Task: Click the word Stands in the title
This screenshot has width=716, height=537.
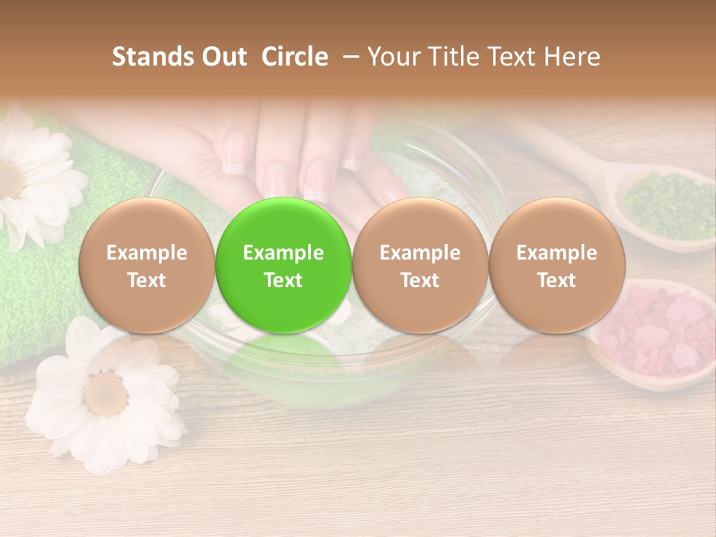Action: tap(151, 57)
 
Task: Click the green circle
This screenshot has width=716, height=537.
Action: tap(283, 266)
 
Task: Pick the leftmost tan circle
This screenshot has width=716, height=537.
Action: tap(146, 266)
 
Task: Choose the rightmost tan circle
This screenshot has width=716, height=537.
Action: tap(556, 266)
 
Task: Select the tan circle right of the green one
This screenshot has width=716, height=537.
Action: tap(420, 266)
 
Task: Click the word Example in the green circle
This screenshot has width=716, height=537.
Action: tap(283, 253)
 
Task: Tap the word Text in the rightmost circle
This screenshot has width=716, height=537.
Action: tap(556, 280)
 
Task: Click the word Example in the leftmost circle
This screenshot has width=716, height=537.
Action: tap(146, 253)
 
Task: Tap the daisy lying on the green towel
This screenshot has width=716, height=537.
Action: tap(30, 179)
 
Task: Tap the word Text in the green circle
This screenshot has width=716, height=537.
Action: tap(283, 280)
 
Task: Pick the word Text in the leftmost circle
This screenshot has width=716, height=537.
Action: tap(146, 280)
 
